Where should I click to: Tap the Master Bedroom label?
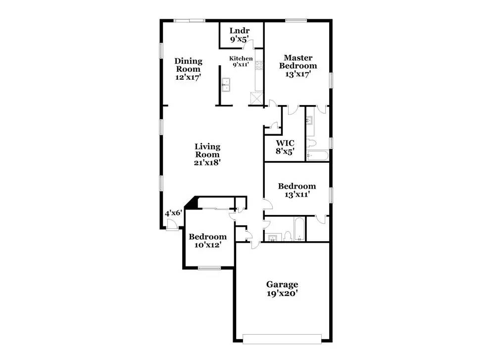[x=297, y=61]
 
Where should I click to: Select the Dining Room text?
[x=188, y=65]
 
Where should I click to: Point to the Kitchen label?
[x=241, y=58]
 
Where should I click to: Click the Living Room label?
[x=207, y=150]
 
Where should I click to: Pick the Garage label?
[x=282, y=284]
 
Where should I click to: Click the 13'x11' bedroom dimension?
[x=297, y=195]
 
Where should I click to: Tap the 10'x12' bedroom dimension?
[x=207, y=245]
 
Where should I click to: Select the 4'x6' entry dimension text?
[x=173, y=213]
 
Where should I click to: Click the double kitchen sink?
[x=227, y=85]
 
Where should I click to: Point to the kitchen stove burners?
[x=258, y=64]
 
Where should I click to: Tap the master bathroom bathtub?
[x=317, y=156]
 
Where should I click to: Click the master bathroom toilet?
[x=311, y=144]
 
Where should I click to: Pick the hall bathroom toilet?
[x=287, y=236]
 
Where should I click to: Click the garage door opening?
[x=282, y=339]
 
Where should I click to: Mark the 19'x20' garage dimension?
[x=282, y=293]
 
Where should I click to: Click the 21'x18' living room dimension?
[x=207, y=161]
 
